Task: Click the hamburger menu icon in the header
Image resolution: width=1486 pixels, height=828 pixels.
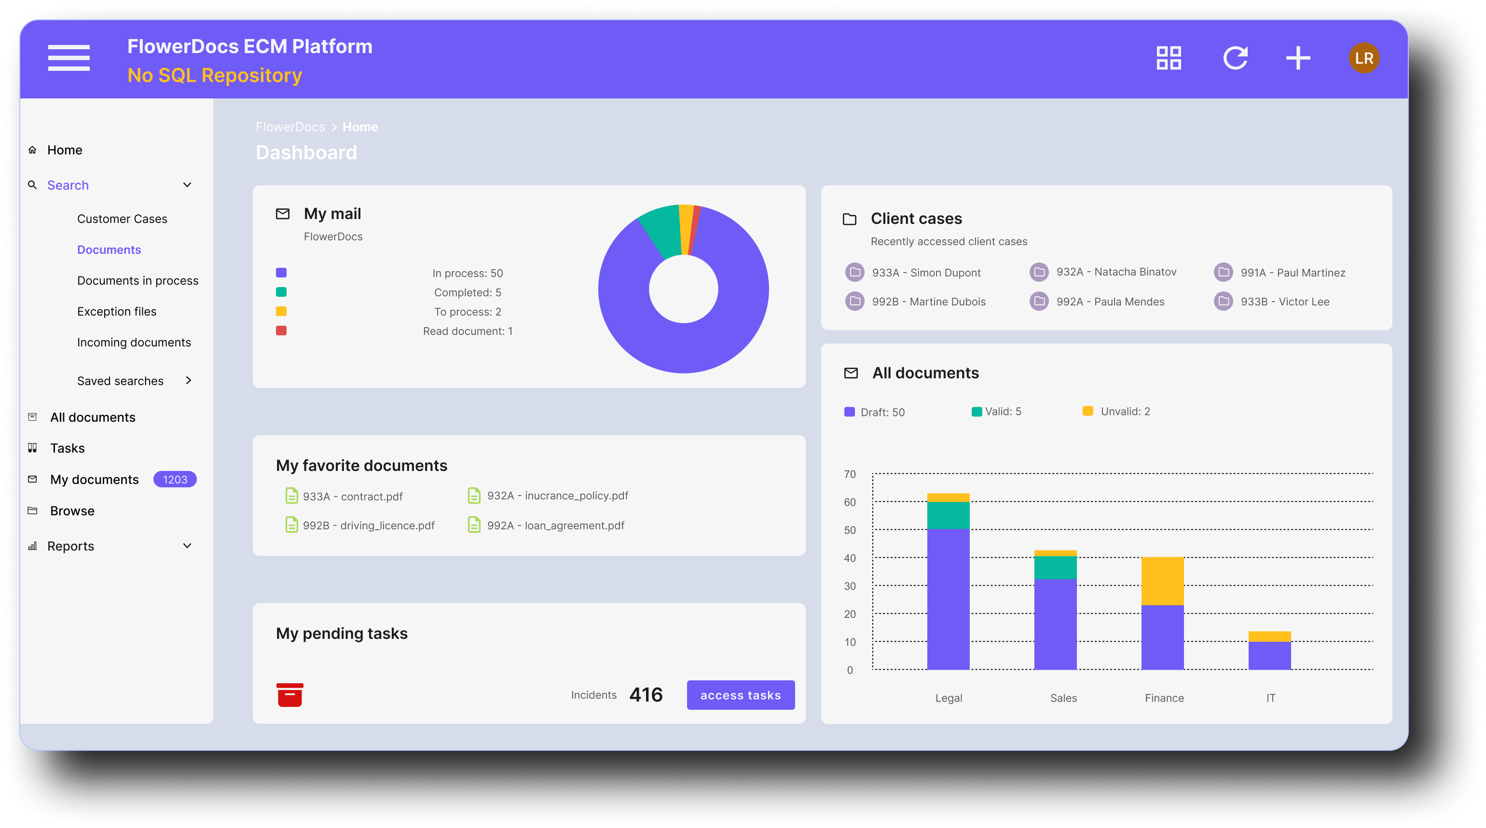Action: [x=69, y=58]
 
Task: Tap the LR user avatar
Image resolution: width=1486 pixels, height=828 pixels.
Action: [x=1364, y=58]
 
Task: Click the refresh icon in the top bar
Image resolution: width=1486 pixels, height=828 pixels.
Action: [x=1235, y=58]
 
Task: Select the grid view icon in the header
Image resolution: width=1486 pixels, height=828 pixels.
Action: [x=1169, y=58]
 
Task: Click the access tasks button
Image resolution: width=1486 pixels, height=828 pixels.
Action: [x=740, y=695]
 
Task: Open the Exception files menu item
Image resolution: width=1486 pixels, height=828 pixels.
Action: [x=117, y=312]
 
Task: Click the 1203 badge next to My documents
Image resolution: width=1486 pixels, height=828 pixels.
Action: [x=175, y=480]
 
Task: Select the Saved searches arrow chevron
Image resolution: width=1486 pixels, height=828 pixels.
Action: [x=188, y=380]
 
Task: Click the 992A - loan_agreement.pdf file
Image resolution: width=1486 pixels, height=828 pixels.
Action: [x=555, y=525]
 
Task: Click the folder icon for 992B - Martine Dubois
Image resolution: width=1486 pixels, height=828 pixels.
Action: [x=854, y=301]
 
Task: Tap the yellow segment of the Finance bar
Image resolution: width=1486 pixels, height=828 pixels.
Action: [x=1162, y=580]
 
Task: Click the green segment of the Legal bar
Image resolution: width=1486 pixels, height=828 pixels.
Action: [x=948, y=515]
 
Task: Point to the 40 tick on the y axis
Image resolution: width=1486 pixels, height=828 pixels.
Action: [x=850, y=558]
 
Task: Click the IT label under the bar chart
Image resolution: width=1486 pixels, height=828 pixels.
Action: [x=1270, y=698]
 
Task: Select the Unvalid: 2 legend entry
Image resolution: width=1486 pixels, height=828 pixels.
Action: [x=1124, y=412]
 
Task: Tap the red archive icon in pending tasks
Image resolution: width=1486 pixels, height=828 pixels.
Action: [x=289, y=695]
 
